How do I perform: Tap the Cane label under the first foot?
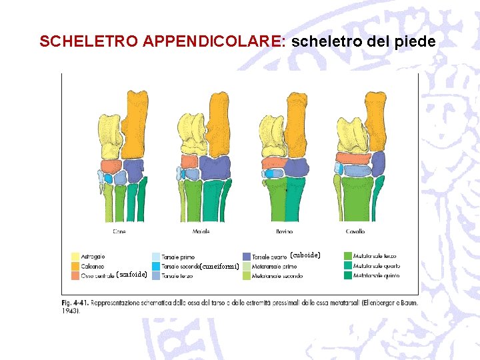click(x=119, y=231)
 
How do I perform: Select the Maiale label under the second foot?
click(x=201, y=231)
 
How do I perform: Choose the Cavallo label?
click(x=355, y=231)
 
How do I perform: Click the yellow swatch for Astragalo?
click(x=76, y=256)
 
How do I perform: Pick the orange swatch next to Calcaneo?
click(x=76, y=265)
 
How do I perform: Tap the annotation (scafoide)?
click(x=131, y=274)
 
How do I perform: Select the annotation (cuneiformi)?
click(x=219, y=267)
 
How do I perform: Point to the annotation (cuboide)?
click(x=305, y=255)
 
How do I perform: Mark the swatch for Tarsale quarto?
click(x=247, y=256)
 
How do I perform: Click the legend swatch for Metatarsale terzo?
click(x=348, y=256)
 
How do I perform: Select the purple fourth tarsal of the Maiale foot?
click(x=215, y=168)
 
